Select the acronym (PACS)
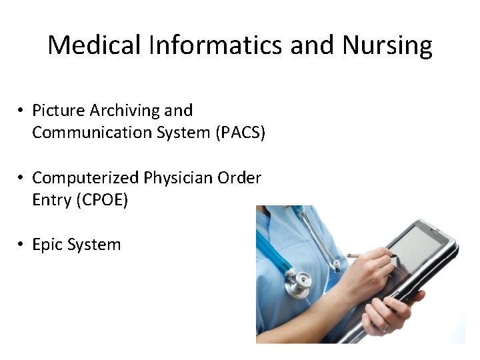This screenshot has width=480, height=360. [x=240, y=133]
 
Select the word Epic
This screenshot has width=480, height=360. [x=47, y=245]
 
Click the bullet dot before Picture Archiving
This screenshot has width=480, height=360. [x=22, y=111]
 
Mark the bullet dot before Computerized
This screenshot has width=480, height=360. [x=22, y=178]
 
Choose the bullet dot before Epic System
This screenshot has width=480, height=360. [x=22, y=245]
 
